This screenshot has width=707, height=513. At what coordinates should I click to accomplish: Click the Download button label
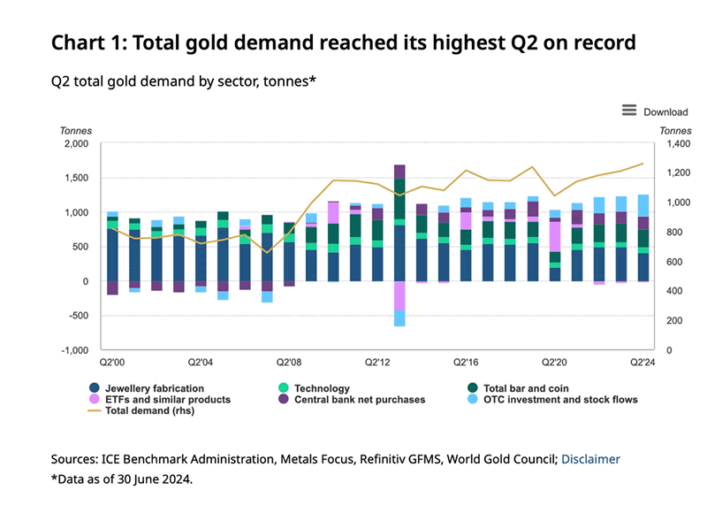click(x=665, y=111)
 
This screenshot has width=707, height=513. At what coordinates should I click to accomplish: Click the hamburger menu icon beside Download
click(x=629, y=111)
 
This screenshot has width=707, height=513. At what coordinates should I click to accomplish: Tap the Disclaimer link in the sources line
click(x=591, y=459)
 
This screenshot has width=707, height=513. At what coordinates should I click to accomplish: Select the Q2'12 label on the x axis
click(x=377, y=362)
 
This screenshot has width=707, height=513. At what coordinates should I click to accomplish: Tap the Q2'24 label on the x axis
click(x=642, y=362)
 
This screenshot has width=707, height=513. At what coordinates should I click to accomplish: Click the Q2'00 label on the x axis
click(x=113, y=362)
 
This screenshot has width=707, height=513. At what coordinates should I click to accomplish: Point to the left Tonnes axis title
click(x=75, y=130)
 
